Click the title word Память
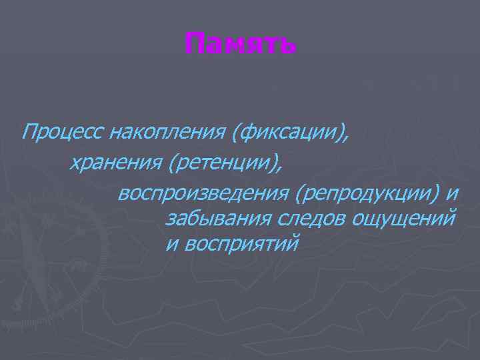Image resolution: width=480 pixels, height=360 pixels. pyautogui.click(x=240, y=46)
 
